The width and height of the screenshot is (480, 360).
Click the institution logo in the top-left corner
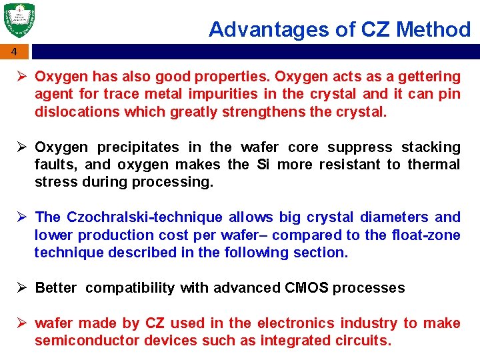19,21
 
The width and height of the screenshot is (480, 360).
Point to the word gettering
431,77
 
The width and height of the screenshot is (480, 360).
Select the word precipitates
139,147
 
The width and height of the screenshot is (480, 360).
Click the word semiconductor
78,341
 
